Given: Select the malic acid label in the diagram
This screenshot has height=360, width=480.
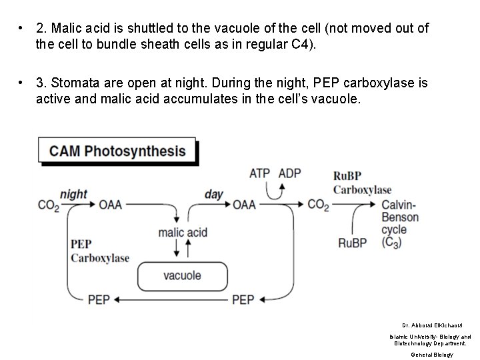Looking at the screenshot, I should click(182, 233).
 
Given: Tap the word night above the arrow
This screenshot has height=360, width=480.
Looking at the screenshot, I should click(73, 194).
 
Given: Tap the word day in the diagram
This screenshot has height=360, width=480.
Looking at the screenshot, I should click(213, 194).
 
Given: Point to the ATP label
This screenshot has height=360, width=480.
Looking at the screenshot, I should click(259, 173).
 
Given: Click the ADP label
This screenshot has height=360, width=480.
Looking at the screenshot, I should click(289, 173).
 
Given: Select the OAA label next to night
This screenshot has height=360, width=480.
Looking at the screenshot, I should click(111, 205).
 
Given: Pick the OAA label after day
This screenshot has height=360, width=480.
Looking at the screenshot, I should click(244, 205).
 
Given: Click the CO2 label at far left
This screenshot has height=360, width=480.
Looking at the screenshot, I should click(48, 205).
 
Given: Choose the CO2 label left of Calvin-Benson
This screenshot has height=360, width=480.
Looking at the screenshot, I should click(318, 205).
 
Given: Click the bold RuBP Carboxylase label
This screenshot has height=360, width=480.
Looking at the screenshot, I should click(361, 183).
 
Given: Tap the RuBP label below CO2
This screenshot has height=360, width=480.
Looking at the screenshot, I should click(352, 243).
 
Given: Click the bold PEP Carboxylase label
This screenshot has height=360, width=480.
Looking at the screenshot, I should click(99, 251).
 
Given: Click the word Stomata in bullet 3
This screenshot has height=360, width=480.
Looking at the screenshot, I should click(71, 83).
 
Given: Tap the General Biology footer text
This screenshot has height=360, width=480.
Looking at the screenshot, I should click(431, 355).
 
